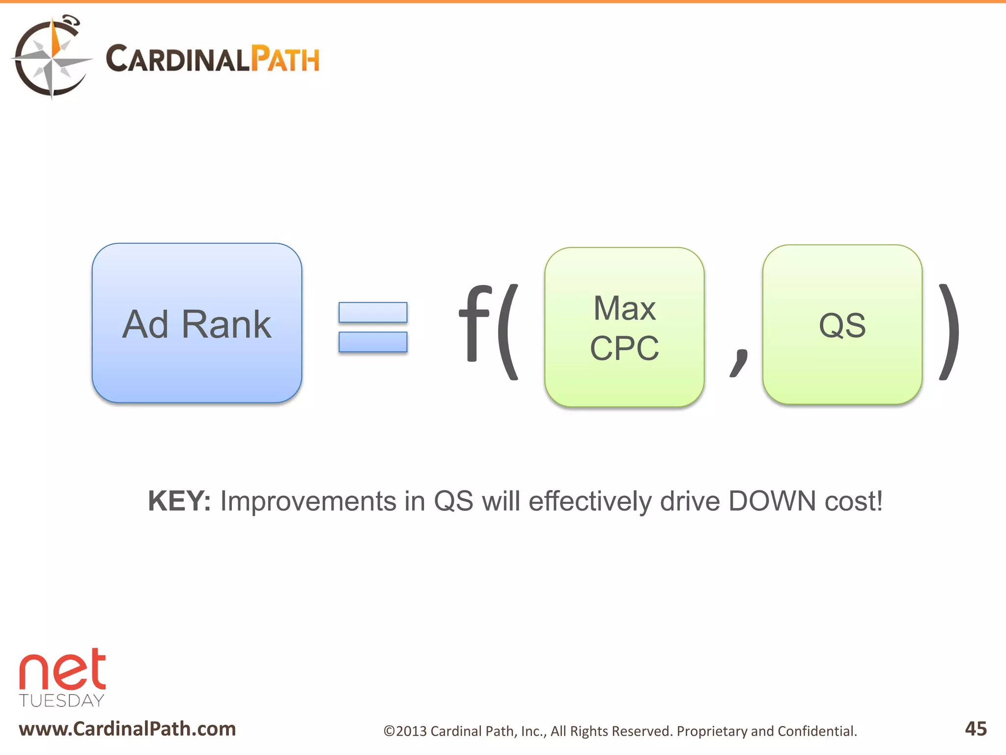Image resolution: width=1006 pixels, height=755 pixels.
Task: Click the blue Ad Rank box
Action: point(196,323)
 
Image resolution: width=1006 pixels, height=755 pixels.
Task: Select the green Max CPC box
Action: point(624,327)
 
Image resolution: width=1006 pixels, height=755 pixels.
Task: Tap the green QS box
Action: point(842,325)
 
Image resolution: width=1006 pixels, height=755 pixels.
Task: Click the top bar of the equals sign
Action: point(373,313)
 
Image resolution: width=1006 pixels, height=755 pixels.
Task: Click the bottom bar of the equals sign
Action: point(373,342)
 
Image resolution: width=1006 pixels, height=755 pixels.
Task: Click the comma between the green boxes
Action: point(739,362)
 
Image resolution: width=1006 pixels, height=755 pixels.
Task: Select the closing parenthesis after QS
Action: point(949,332)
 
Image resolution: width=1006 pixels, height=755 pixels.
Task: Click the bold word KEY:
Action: point(179,501)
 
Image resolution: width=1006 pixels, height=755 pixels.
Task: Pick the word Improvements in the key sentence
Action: point(308,501)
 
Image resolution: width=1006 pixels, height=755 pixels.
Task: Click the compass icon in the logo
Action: point(51,58)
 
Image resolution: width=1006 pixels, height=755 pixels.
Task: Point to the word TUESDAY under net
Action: point(62,700)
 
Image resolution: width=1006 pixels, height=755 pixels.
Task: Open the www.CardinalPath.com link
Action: point(127,728)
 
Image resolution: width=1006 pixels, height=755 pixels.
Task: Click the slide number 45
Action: point(976,728)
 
